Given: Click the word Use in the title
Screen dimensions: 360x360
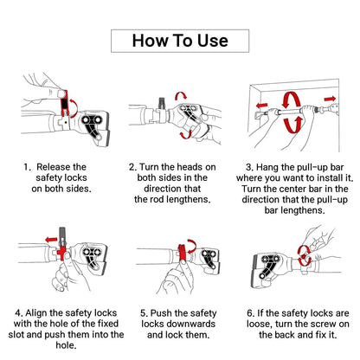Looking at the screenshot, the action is pos(213,41).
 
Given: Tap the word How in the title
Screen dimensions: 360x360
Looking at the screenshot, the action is pos(150,41).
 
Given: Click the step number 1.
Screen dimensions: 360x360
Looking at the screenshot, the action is pos(27,167).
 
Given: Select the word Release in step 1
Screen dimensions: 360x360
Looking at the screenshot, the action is pos(54,167).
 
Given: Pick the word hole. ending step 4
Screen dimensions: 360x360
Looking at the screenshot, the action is pos(66,345).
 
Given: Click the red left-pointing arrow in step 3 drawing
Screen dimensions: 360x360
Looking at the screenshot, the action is pos(261,106).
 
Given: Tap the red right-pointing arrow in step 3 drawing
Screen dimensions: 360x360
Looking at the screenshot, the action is pos(330,99).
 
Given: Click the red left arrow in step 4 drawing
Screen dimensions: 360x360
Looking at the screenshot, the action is pos(52,240).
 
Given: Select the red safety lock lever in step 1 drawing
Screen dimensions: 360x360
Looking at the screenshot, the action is pos(65,104).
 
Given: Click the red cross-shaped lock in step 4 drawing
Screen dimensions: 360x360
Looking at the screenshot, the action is pos(61,253).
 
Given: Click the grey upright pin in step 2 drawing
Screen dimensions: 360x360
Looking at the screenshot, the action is pos(161,104).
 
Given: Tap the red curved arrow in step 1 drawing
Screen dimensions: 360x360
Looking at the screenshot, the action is pos(75,108).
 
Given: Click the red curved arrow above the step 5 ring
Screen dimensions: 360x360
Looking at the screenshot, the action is pos(192,245).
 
